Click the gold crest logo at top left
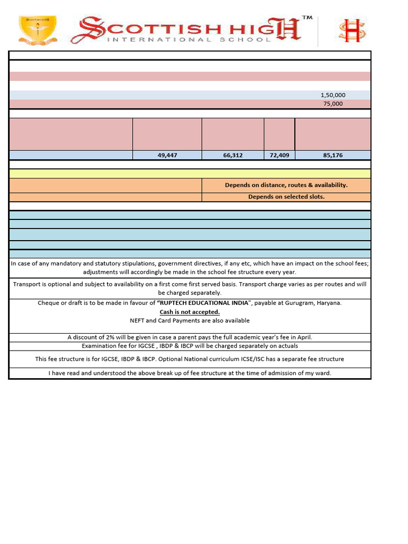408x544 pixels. [x=37, y=30]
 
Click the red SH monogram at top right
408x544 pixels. [x=352, y=30]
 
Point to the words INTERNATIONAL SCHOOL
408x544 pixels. [x=189, y=39]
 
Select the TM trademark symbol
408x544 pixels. [x=307, y=18]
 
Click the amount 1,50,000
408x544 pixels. [x=333, y=95]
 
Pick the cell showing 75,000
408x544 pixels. [x=333, y=104]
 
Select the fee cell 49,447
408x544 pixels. [x=167, y=155]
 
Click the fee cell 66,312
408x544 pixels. [x=233, y=155]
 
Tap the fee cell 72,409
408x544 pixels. [x=279, y=155]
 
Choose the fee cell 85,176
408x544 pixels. [x=333, y=155]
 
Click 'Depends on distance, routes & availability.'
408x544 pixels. [x=286, y=185]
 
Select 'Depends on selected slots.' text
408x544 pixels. [x=286, y=197]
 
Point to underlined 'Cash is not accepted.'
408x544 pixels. [x=190, y=312]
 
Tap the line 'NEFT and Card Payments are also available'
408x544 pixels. [x=190, y=320]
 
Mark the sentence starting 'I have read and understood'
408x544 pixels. [x=190, y=373]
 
